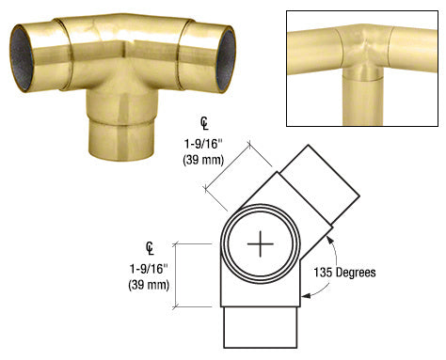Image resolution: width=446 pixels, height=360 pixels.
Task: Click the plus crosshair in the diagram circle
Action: [260, 246]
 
